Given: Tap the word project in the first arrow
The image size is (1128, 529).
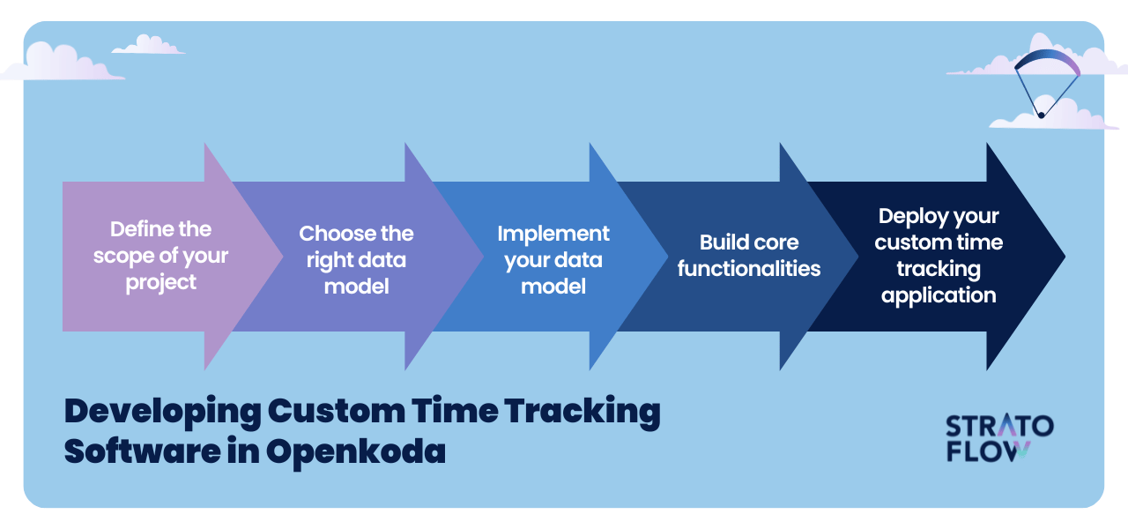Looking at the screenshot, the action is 160,283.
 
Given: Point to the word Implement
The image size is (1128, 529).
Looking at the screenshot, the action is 553,235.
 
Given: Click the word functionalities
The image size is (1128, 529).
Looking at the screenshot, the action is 749,269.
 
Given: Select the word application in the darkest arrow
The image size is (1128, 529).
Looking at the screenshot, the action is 939,295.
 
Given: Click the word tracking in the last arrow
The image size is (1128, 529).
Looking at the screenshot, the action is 939,270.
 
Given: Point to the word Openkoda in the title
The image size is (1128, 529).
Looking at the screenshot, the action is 355,452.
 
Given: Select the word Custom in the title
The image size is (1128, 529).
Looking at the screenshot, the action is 337,411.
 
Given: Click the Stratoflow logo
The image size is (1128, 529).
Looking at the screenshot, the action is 999,438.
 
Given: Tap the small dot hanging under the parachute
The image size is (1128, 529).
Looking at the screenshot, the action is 1041,115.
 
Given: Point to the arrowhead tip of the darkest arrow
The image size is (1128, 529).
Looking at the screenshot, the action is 1065,257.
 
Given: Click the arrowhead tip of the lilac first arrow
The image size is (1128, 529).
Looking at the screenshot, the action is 283,257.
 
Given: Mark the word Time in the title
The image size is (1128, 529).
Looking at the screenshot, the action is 456,411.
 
